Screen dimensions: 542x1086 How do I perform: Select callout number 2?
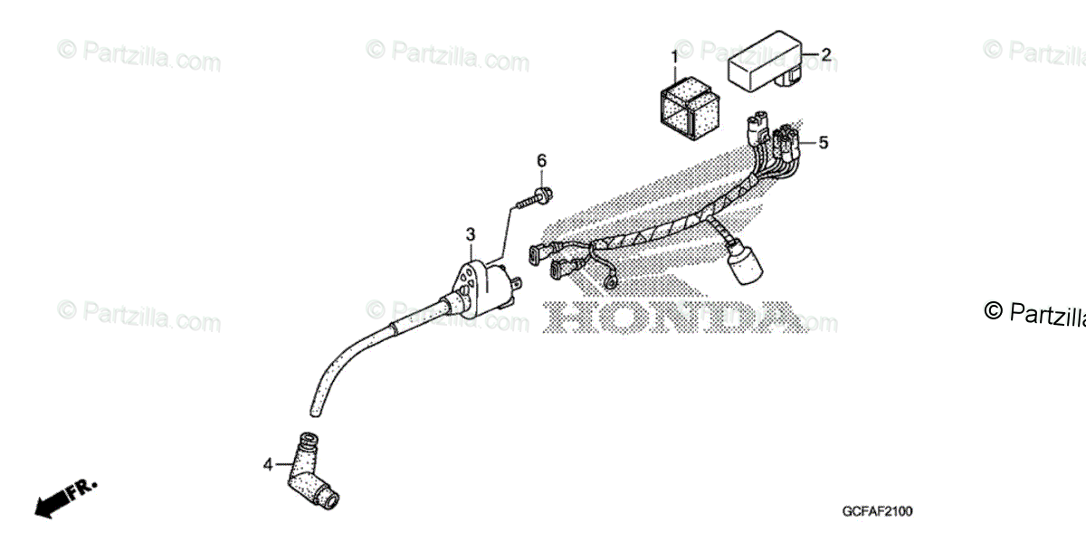pyautogui.click(x=825, y=54)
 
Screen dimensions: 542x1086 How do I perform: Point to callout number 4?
pyautogui.click(x=268, y=465)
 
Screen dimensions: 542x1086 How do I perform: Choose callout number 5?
pyautogui.click(x=824, y=143)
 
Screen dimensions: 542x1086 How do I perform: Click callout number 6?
pyautogui.click(x=542, y=161)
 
